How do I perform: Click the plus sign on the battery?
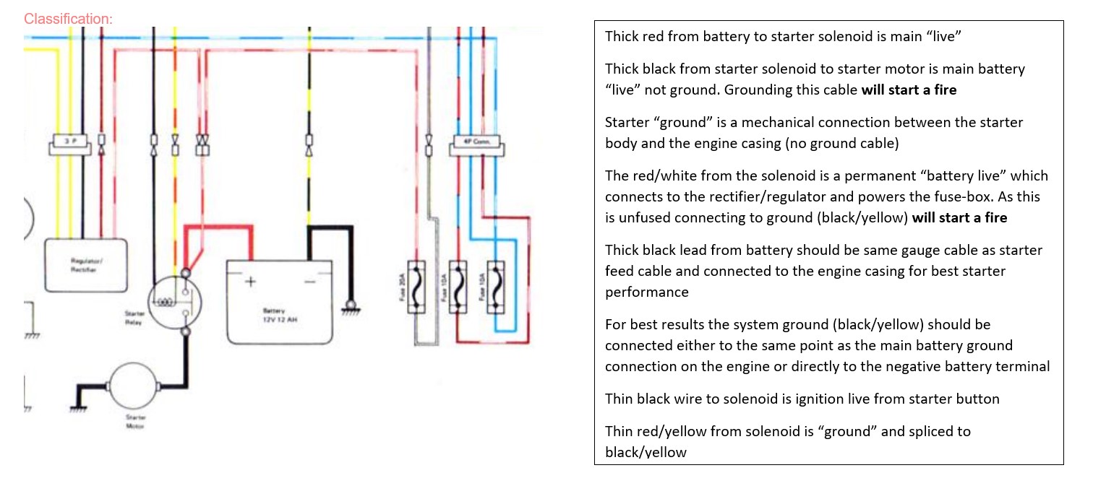(250, 282)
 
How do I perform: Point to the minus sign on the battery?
(309, 282)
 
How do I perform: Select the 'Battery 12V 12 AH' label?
(279, 315)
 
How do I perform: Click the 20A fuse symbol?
(417, 287)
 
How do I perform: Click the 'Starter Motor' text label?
(136, 421)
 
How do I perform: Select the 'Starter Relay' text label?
(134, 318)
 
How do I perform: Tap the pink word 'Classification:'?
(68, 19)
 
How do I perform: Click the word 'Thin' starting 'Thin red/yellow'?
(619, 431)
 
